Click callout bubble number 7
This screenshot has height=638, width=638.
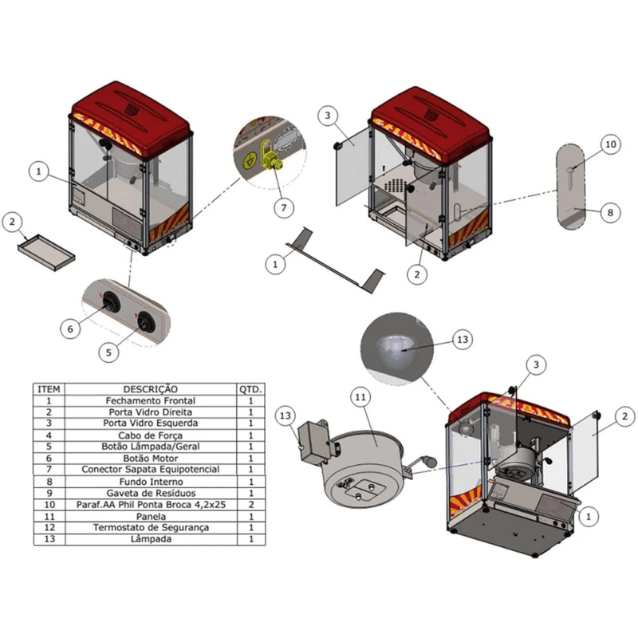click(284, 207)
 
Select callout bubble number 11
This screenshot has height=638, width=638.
click(360, 396)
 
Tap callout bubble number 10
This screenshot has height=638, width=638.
click(610, 144)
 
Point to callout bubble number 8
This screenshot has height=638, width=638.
click(610, 213)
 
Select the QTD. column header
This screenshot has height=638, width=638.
click(250, 389)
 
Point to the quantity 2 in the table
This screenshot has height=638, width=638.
click(250, 505)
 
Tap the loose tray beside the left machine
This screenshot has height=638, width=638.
click(46, 253)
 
